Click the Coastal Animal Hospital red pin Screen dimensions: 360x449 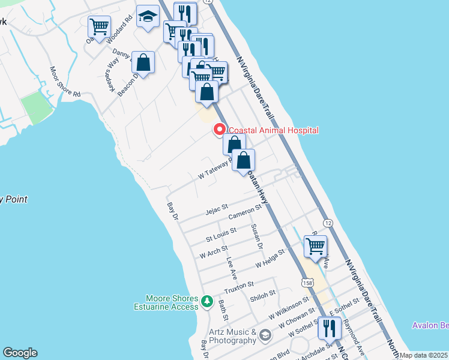pyautogui.click(x=220, y=130)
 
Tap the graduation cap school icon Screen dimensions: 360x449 pyautogui.click(x=147, y=17)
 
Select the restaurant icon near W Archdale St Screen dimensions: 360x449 pyautogui.click(x=330, y=328)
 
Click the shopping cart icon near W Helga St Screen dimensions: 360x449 pyautogui.click(x=315, y=246)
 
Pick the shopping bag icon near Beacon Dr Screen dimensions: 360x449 pyautogui.click(x=143, y=62)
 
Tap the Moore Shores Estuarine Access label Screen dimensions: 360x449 pyautogui.click(x=171, y=302)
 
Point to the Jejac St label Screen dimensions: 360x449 pyautogui.click(x=217, y=210)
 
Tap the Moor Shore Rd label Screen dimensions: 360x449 pyautogui.click(x=65, y=82)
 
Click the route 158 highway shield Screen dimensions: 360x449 pyautogui.click(x=307, y=282)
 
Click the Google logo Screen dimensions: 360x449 pyautogui.click(x=20, y=353)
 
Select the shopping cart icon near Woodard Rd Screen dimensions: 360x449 pyautogui.click(x=99, y=26)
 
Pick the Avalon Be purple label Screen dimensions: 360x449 pyautogui.click(x=430, y=325)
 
